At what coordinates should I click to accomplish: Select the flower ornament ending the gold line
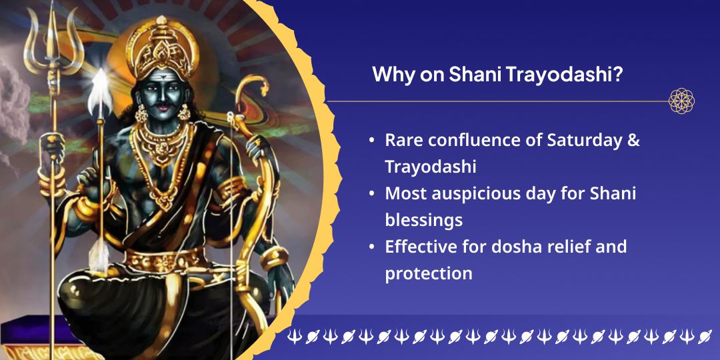(x=681, y=101)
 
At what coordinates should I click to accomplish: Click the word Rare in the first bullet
(x=403, y=140)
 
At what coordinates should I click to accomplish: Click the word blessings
(x=423, y=221)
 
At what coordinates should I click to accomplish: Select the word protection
(x=429, y=274)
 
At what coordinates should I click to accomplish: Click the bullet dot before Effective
(x=372, y=247)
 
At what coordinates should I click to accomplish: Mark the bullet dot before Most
(x=372, y=194)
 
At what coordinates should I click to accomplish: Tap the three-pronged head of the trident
(x=54, y=39)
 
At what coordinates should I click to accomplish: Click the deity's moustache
(x=163, y=108)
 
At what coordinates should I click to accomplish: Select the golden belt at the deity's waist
(x=165, y=259)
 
